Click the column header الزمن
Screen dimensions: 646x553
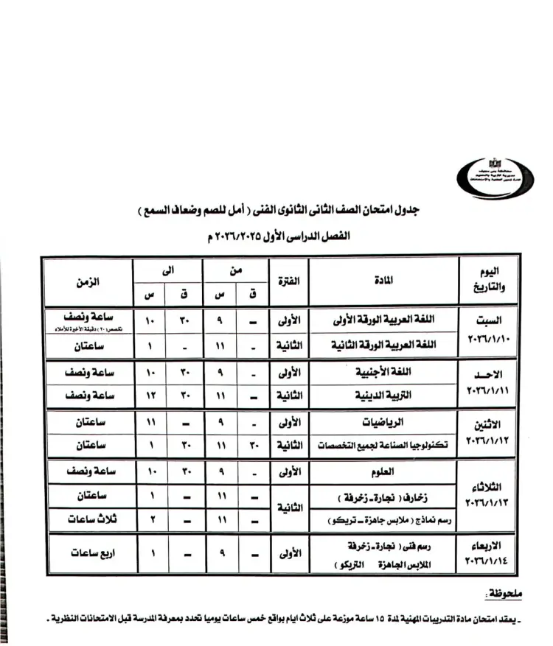coord(87,281)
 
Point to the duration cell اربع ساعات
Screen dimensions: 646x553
coord(87,553)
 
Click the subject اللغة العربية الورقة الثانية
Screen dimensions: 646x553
coord(386,344)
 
